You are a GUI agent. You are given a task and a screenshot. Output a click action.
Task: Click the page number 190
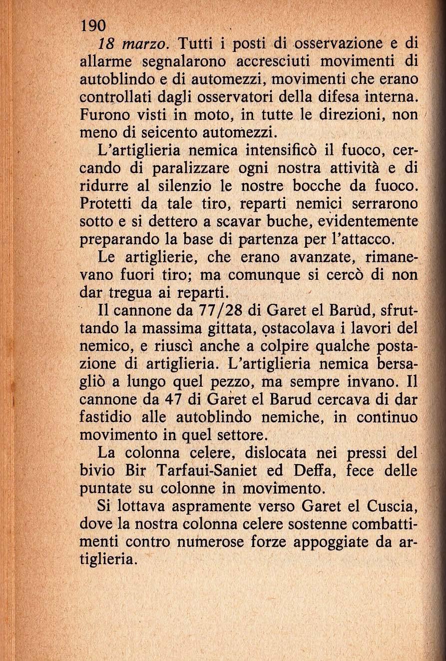93,25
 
